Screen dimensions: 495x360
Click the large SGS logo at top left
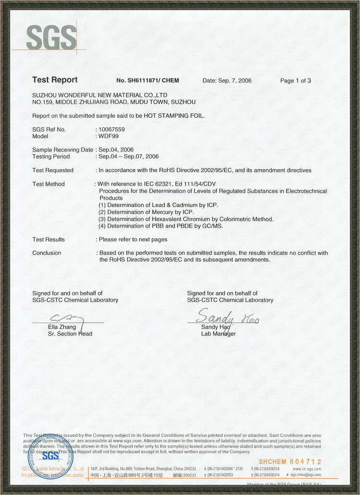[51, 37]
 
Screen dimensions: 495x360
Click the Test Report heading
[55, 80]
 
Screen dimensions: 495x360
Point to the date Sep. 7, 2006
[227, 81]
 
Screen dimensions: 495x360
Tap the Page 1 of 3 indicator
[296, 81]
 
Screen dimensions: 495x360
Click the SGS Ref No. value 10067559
[111, 129]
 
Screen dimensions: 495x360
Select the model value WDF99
[108, 136]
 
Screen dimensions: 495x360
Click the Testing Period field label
[51, 157]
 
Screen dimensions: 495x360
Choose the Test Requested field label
[53, 170]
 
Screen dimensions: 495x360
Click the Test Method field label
[48, 184]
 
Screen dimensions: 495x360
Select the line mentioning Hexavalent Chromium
[186, 219]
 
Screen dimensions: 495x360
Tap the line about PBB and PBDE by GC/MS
[160, 226]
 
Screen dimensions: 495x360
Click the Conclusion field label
[47, 253]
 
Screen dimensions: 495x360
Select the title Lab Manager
[218, 334]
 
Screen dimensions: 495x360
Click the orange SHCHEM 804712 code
[290, 461]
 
